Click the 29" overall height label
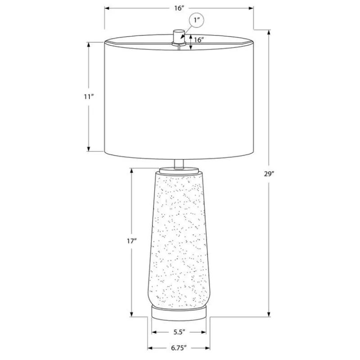269,174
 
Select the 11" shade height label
89,97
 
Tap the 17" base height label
132,241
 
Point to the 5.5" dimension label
179,332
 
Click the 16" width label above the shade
179,8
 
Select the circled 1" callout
197,20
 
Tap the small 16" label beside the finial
199,40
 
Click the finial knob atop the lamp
179,37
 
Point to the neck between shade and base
179,164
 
